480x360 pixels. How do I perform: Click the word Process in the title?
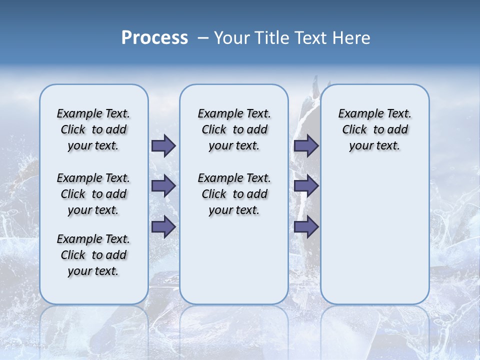(x=154, y=38)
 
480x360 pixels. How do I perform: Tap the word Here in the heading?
(x=352, y=38)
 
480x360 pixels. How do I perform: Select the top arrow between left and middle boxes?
(x=163, y=146)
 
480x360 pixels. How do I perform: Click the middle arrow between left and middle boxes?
(x=163, y=186)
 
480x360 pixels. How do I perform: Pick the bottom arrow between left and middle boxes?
(x=163, y=226)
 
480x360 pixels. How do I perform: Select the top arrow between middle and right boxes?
(x=306, y=146)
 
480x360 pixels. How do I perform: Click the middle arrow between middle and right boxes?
(x=306, y=186)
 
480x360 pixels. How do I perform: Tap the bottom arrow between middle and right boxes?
(x=306, y=226)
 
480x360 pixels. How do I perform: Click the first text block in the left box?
(x=93, y=129)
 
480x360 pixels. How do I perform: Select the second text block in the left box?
(x=93, y=194)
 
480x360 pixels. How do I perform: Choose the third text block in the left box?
(x=93, y=255)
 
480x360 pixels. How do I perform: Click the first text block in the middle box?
(x=234, y=129)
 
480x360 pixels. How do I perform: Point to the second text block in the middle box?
(x=234, y=194)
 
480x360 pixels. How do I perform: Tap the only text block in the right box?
(x=374, y=129)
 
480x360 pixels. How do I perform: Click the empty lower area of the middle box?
(x=234, y=260)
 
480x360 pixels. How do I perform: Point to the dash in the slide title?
(x=203, y=38)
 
